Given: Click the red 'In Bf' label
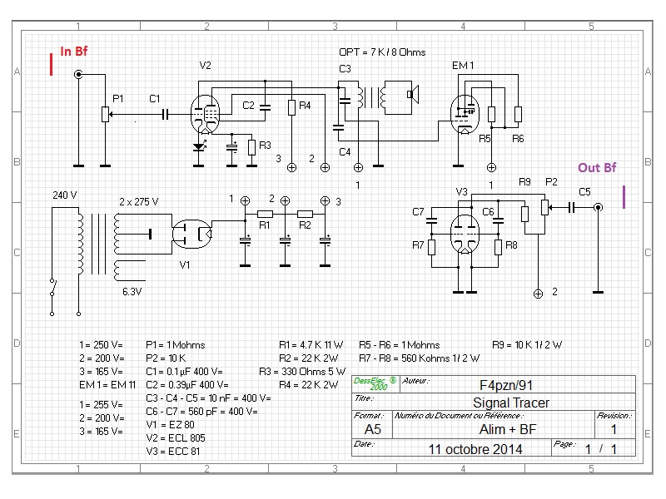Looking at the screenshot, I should coord(73,52).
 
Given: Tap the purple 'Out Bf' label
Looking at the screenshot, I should coord(597,168).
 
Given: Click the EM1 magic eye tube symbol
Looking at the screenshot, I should coord(462,111).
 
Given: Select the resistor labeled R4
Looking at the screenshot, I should coord(292,107).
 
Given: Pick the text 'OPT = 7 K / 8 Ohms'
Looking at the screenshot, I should coord(382,52).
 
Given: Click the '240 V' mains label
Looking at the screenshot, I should coord(64,195).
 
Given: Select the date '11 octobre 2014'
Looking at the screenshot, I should coord(475,449).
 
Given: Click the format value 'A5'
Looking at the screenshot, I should coord(372,429).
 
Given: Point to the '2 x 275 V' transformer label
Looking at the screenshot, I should coord(139,202).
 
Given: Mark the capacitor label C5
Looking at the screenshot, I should coord(584,192).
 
